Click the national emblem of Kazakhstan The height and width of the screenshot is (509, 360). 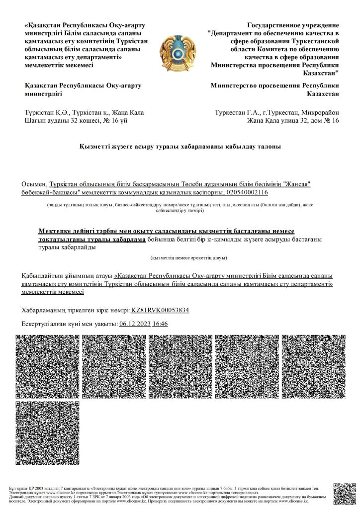click(x=180, y=50)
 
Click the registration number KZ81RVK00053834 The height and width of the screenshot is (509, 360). click(x=160, y=310)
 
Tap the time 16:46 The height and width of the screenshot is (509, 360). click(x=160, y=324)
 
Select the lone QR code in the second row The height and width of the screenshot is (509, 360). click(x=47, y=432)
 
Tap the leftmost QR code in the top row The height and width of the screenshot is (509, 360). click(x=47, y=365)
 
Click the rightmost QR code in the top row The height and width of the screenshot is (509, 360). click(x=313, y=365)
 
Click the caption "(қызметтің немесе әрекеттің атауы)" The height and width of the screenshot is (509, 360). click(x=189, y=258)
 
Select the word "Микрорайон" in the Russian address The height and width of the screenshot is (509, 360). click(x=318, y=112)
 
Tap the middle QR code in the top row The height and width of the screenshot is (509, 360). click(x=180, y=365)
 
